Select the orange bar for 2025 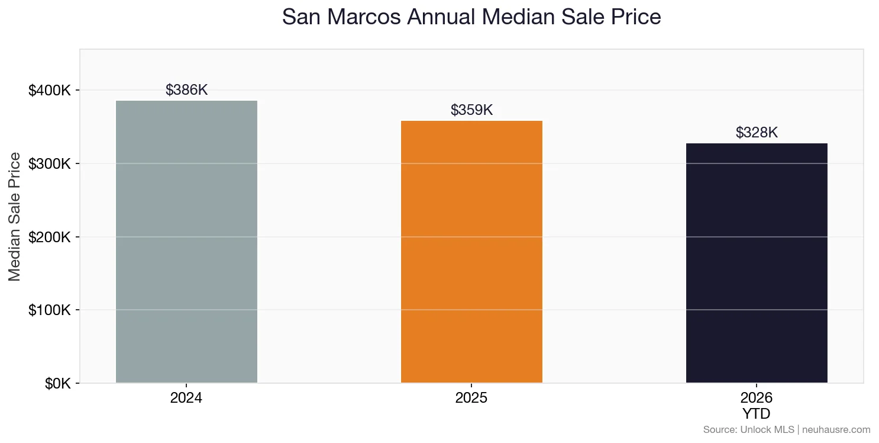(x=471, y=252)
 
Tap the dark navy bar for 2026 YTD (x=757, y=263)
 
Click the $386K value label (x=186, y=90)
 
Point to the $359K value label (x=471, y=110)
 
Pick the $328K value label (x=757, y=133)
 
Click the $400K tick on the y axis (x=50, y=91)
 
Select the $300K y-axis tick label (x=50, y=164)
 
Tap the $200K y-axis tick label (x=50, y=237)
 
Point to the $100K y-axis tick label (x=50, y=310)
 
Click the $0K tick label (x=57, y=384)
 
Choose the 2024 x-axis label (x=186, y=398)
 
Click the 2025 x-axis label (x=471, y=398)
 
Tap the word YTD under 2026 (x=757, y=413)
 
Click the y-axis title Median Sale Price (x=15, y=217)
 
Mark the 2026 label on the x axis (x=757, y=398)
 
